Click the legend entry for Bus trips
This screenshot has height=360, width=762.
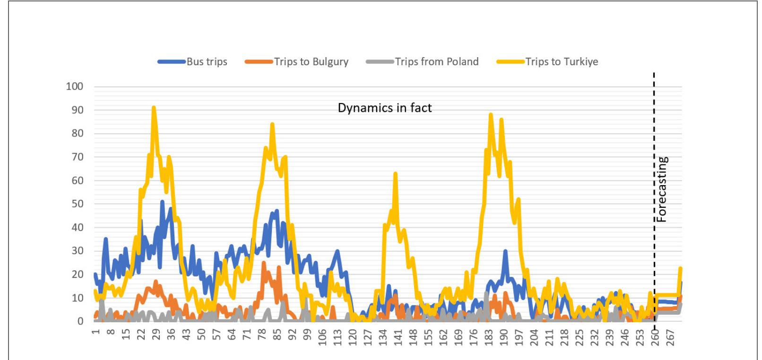[193, 62]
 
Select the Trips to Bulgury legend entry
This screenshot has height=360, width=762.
[297, 62]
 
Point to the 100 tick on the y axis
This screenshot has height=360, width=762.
[75, 86]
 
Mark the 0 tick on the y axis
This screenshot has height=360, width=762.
[80, 321]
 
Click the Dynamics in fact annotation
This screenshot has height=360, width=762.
[384, 108]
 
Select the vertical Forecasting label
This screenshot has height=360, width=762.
[662, 189]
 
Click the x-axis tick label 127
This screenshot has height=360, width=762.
[367, 336]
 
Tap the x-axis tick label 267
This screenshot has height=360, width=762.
[671, 336]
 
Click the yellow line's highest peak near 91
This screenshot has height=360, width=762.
[154, 108]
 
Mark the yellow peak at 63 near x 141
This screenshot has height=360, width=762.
[395, 174]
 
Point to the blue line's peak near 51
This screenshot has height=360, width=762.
[162, 202]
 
